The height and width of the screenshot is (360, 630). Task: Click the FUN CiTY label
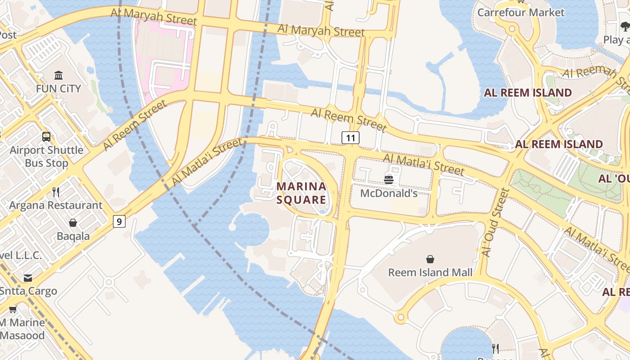(x=58, y=88)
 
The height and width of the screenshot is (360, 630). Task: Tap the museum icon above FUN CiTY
(x=58, y=75)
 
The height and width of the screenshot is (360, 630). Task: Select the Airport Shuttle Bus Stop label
(x=46, y=156)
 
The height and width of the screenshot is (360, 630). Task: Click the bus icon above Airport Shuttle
(x=46, y=136)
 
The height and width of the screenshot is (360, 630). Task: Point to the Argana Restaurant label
(x=56, y=205)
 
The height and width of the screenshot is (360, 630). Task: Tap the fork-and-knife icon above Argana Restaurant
(x=56, y=192)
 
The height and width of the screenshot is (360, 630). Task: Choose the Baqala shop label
(x=73, y=236)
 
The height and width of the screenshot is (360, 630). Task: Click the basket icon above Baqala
(x=73, y=223)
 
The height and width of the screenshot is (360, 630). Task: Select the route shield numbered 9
(x=119, y=221)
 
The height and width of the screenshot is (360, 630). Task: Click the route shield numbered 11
(x=351, y=137)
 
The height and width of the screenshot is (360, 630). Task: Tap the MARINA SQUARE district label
(x=301, y=193)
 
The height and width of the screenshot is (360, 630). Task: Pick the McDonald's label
(x=389, y=193)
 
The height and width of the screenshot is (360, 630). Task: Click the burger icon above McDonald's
(x=389, y=180)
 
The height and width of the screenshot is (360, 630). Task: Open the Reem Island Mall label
(x=430, y=272)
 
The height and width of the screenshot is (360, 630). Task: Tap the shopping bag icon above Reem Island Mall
(x=430, y=259)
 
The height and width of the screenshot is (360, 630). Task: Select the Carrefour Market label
(x=521, y=12)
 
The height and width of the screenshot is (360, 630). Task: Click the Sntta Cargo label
(x=28, y=291)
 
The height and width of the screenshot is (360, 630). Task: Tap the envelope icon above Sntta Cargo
(x=28, y=278)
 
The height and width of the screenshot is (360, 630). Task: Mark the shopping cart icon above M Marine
(x=13, y=309)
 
